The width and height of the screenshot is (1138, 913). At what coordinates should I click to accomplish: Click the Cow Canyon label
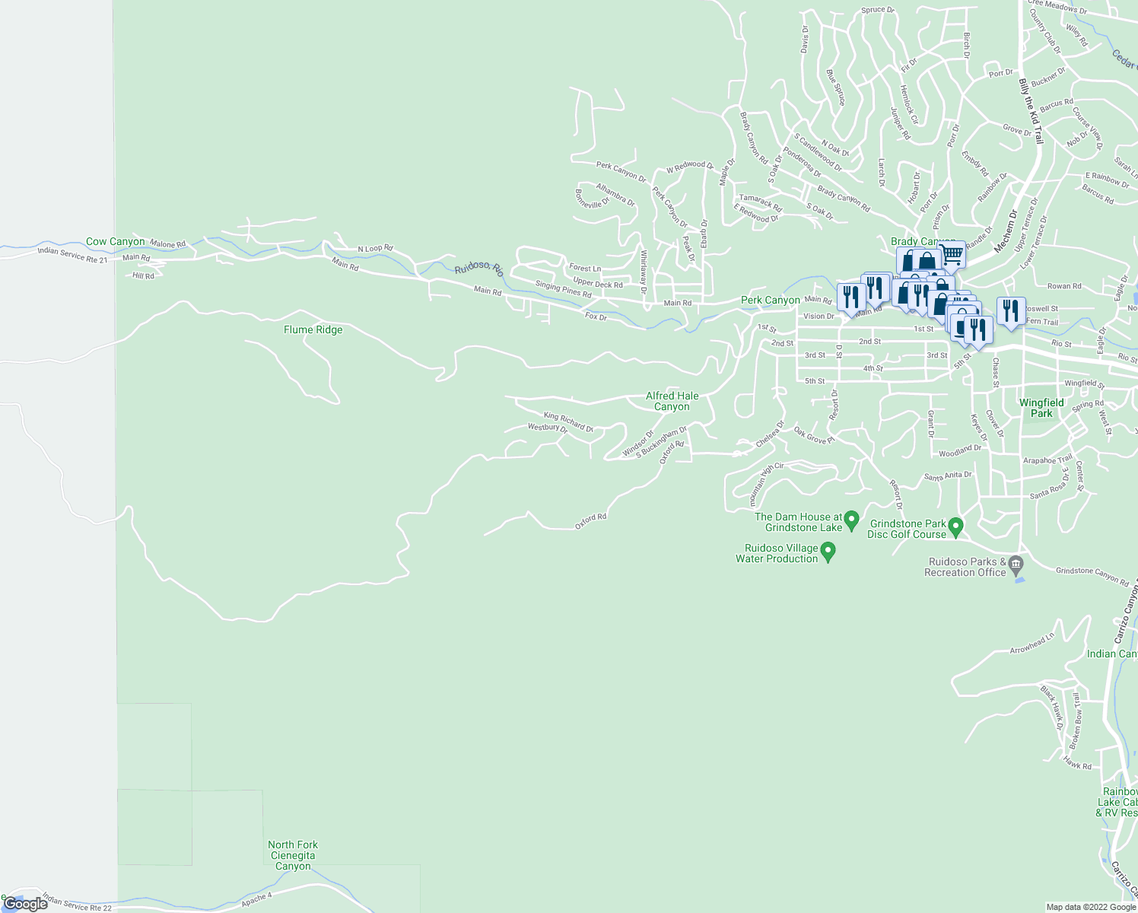click(x=115, y=242)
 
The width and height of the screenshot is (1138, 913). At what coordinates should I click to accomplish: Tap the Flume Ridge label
click(x=313, y=330)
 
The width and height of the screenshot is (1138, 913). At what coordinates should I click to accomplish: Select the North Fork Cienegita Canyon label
click(x=293, y=855)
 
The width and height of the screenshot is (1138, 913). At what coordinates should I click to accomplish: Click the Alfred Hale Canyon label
click(x=672, y=401)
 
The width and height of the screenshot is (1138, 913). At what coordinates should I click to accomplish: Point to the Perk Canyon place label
click(x=770, y=301)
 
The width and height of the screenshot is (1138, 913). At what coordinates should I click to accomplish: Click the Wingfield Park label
click(x=1041, y=408)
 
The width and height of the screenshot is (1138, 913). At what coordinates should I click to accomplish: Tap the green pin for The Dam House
click(x=852, y=520)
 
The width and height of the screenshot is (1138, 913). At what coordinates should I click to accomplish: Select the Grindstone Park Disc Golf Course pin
click(x=956, y=526)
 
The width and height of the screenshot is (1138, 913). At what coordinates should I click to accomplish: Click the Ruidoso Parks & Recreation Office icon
click(x=1017, y=564)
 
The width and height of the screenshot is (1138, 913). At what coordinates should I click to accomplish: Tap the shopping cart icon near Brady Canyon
click(x=952, y=253)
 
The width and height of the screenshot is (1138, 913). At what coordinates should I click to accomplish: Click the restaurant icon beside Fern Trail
click(x=1011, y=310)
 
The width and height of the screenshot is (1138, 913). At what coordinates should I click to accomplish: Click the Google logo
click(x=25, y=904)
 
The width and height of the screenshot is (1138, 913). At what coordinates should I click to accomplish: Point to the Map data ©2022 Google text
click(x=1091, y=907)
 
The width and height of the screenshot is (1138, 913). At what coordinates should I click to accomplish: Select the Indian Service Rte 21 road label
click(x=73, y=255)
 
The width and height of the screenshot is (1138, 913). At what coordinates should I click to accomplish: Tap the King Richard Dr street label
click(x=567, y=422)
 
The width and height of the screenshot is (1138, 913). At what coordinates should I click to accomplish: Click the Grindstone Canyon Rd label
click(x=1092, y=576)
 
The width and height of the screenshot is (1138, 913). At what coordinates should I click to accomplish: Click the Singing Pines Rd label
click(x=563, y=289)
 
